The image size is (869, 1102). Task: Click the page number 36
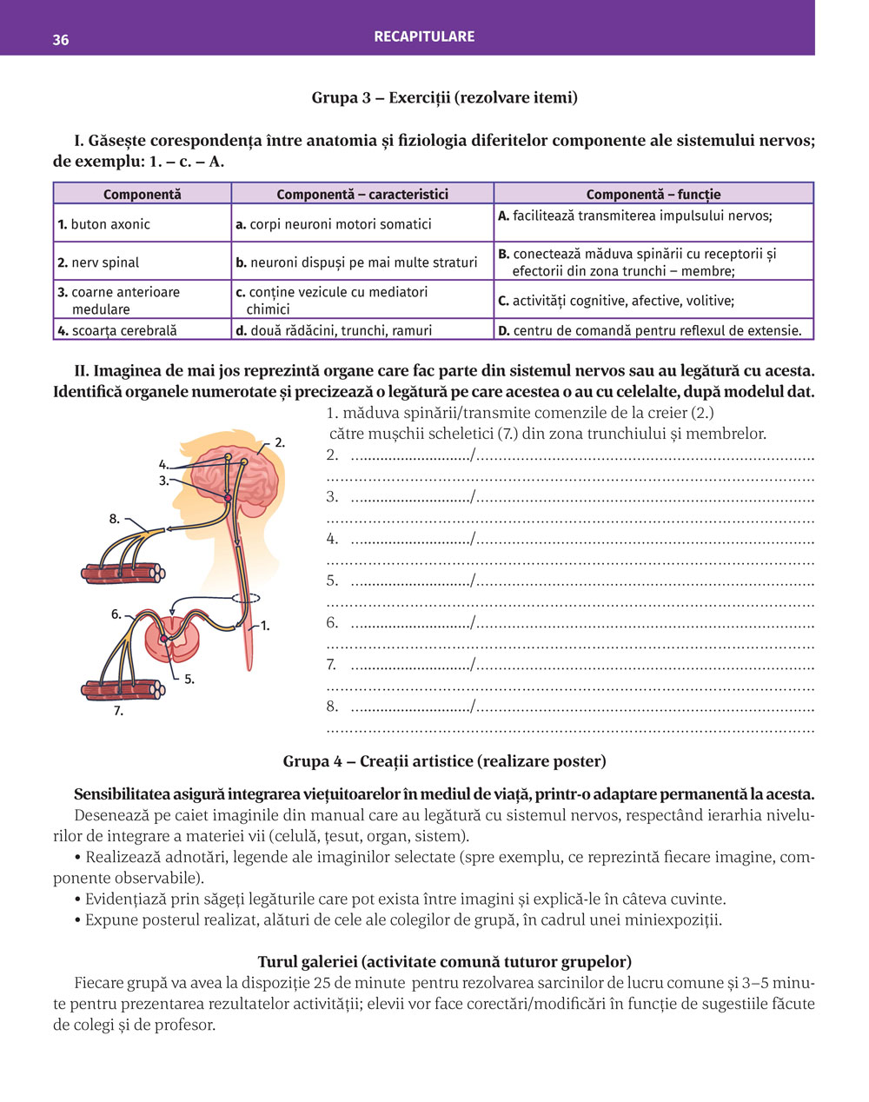tap(61, 40)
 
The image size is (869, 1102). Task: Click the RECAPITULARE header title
tap(424, 37)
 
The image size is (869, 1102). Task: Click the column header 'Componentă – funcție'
tap(653, 195)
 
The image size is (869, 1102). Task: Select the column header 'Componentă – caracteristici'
tap(362, 195)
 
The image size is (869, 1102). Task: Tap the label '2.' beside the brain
tap(280, 442)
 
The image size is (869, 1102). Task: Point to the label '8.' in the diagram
tap(115, 519)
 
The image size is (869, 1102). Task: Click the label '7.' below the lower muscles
tap(118, 711)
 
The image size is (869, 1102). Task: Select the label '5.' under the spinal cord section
tap(189, 680)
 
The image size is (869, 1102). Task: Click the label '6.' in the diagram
tap(116, 614)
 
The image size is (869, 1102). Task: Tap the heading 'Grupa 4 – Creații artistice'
tap(444, 761)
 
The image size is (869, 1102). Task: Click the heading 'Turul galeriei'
tap(444, 961)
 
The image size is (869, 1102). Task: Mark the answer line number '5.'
tap(333, 581)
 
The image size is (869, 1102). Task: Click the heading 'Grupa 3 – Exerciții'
tap(444, 97)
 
